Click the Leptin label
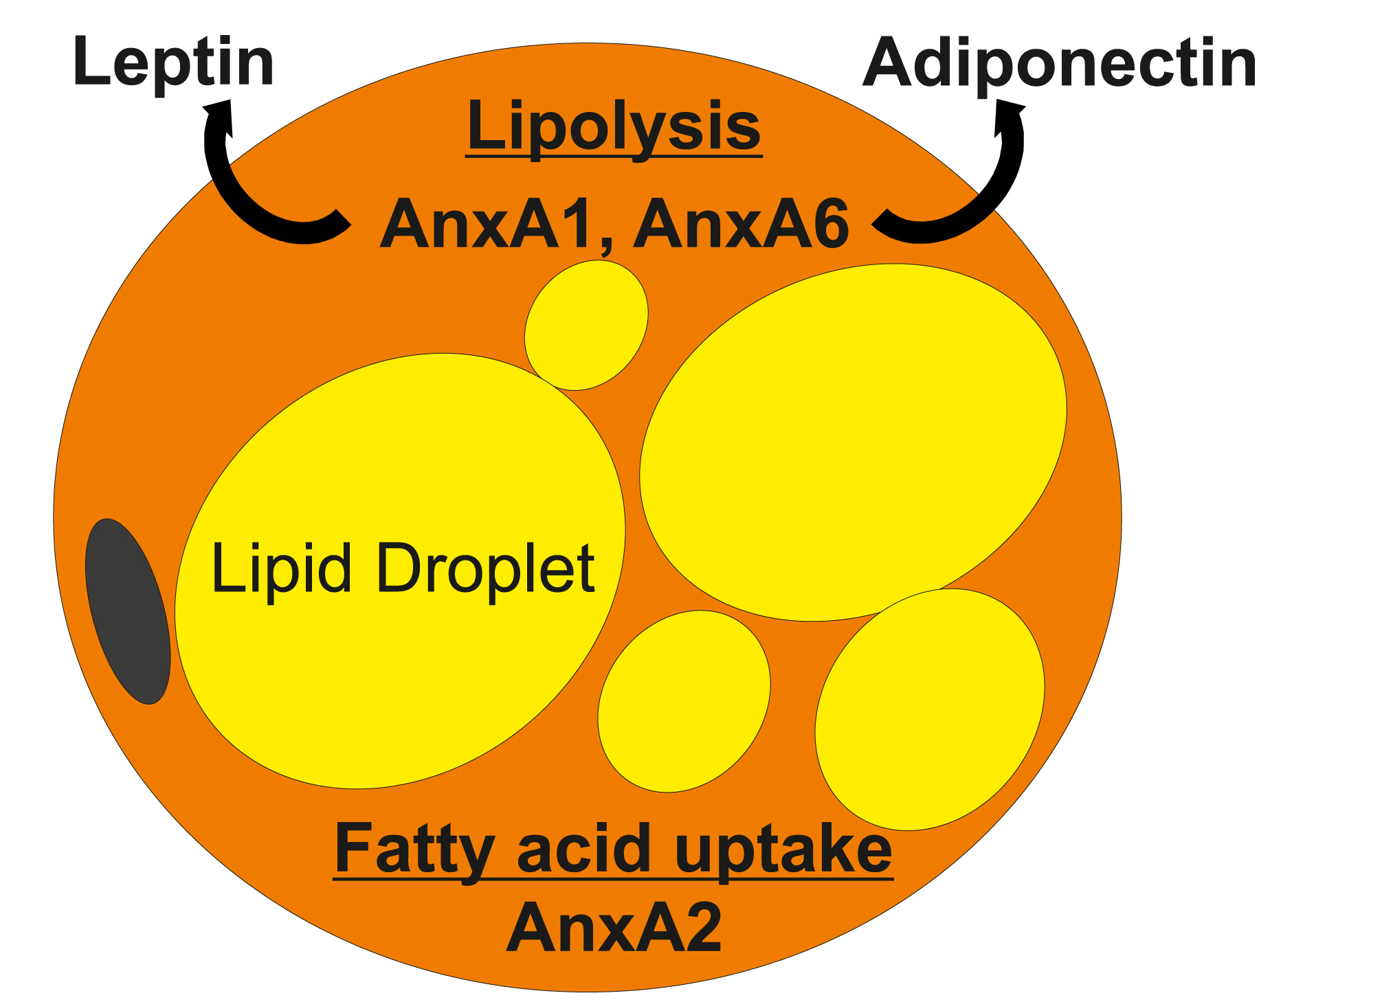(173, 63)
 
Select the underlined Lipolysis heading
(614, 127)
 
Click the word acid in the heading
(583, 849)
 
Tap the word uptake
(783, 850)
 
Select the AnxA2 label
(614, 928)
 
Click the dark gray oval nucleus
(128, 611)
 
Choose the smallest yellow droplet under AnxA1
(586, 325)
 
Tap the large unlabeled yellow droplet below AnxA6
(852, 440)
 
